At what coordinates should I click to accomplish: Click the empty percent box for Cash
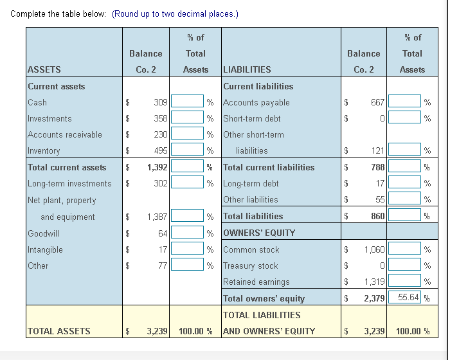point(188,102)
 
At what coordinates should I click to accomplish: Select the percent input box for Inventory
point(188,151)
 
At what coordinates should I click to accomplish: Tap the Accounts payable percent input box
point(405,102)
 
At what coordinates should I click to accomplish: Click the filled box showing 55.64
point(405,298)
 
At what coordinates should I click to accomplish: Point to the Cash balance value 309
point(161,102)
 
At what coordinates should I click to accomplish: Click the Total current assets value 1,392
point(157,167)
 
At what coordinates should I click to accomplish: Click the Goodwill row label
point(44,233)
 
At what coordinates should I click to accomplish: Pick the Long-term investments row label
point(69,184)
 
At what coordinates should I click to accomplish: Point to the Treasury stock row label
point(250,265)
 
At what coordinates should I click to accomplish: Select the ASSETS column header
point(44,69)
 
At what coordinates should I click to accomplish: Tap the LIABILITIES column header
point(247,69)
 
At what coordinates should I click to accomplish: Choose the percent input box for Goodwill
point(188,233)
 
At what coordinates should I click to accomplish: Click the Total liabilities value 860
point(377,217)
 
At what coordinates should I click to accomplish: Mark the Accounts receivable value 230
point(161,135)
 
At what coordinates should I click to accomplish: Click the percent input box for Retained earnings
point(405,282)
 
